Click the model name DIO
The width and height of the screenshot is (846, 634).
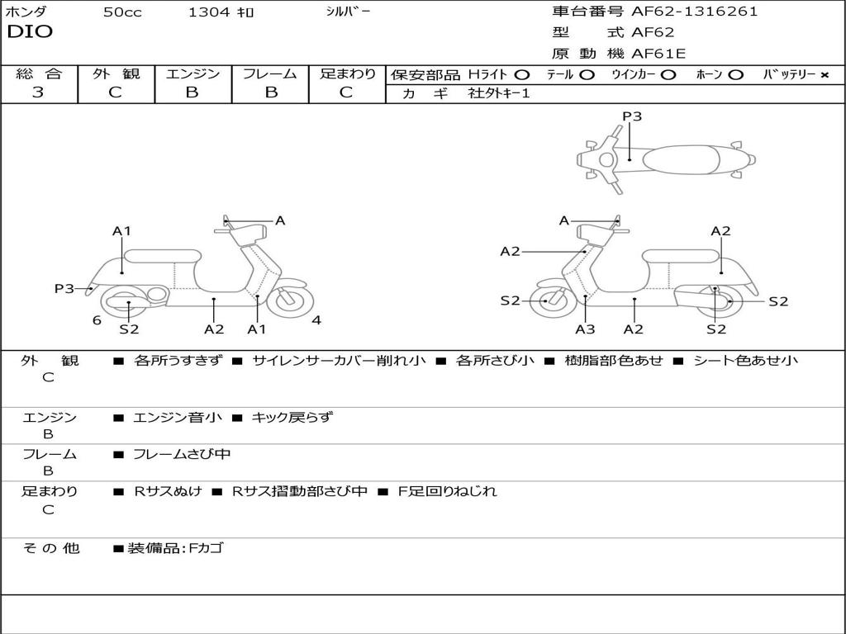coord(30,32)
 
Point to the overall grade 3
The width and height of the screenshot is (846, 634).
coord(38,92)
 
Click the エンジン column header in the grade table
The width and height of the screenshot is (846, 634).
coord(192,73)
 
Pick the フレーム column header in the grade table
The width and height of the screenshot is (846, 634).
coord(270,73)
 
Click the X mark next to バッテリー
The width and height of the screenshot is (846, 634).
coord(824,74)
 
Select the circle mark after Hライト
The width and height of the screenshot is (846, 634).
coord(522,74)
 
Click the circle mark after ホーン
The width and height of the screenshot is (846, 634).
coord(736,74)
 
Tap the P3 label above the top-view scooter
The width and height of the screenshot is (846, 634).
coord(632,116)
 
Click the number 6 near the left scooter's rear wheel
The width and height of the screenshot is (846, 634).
coord(97,320)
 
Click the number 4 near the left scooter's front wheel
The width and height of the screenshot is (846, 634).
coord(316,320)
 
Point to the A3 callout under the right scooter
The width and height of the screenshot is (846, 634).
coord(585,329)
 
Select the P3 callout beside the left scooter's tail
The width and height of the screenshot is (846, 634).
coord(64,288)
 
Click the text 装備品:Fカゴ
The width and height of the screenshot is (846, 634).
coord(175,547)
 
